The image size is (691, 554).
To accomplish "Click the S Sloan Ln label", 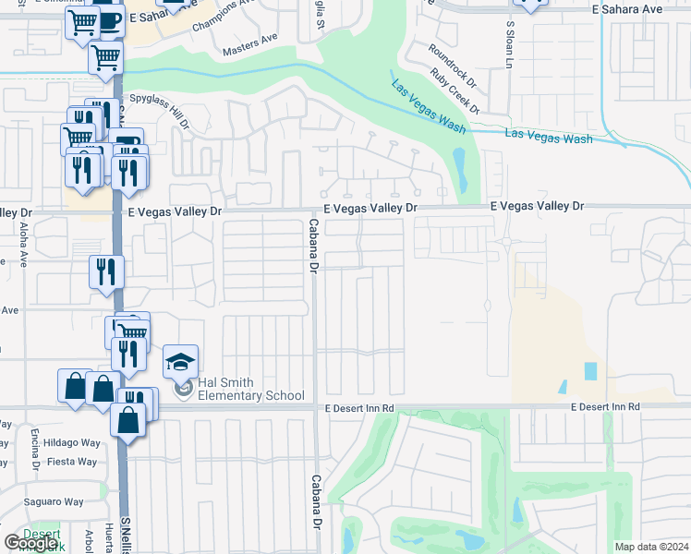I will coord(508,44).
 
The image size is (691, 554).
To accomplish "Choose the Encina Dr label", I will coord(33,449).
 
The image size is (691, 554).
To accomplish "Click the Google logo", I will coord(31,543).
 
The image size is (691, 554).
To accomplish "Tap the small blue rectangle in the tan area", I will coord(590,371).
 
